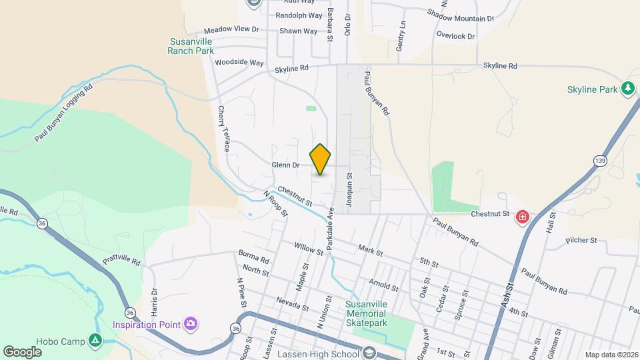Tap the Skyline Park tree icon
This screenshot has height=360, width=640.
[627, 89]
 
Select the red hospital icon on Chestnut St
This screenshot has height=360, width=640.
[523, 217]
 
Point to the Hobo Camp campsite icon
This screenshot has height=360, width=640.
[95, 341]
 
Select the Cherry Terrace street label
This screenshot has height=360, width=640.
[223, 129]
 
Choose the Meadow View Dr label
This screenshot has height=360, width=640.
[231, 29]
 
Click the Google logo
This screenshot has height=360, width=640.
[23, 351]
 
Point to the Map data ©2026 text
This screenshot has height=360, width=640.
[611, 355]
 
